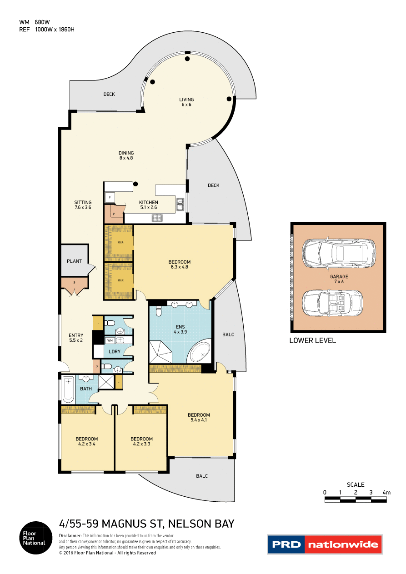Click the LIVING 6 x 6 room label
(x=186, y=102)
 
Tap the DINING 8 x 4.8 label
(x=126, y=155)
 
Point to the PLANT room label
(x=74, y=261)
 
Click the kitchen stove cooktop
(x=157, y=218)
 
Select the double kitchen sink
(x=180, y=205)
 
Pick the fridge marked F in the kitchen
(x=109, y=197)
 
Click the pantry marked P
(x=113, y=212)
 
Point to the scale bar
(x=356, y=499)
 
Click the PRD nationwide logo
(x=324, y=544)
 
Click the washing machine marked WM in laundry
(x=109, y=340)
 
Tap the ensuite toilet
(x=158, y=310)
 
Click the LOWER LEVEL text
(x=313, y=340)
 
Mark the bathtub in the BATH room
(x=68, y=389)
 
